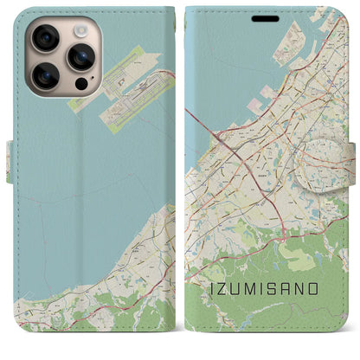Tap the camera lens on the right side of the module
[x=80, y=57]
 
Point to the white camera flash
[x=80, y=30]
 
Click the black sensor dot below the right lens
[x=80, y=85]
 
